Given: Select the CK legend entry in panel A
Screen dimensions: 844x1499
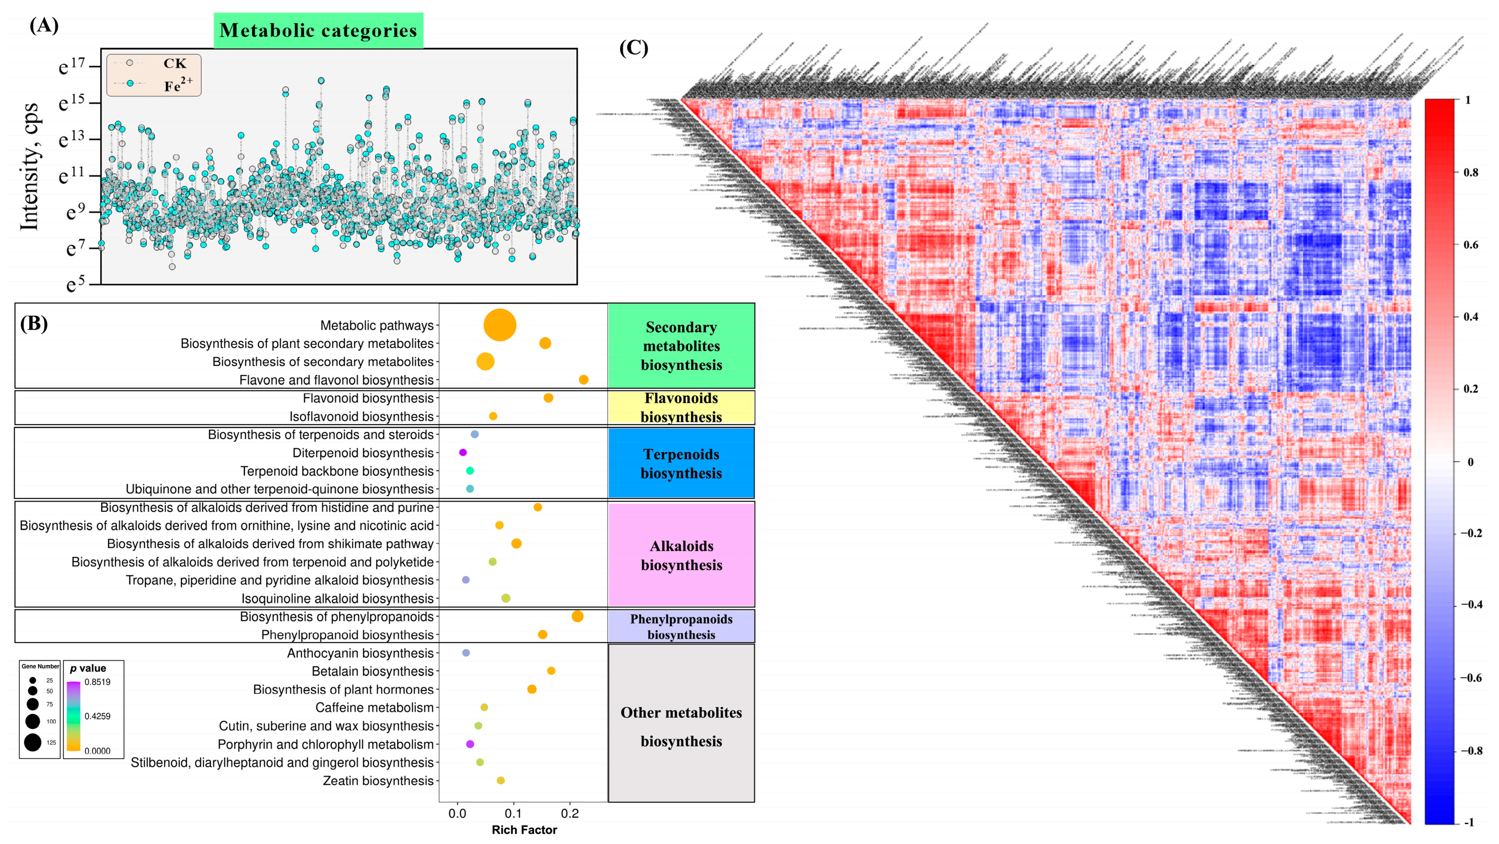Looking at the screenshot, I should click(x=174, y=63).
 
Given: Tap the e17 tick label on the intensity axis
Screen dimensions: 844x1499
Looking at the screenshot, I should click(x=72, y=66).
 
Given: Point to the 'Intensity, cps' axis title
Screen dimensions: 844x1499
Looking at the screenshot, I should click(x=29, y=167).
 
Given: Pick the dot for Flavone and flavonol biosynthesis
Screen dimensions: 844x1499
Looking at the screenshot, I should click(x=583, y=380).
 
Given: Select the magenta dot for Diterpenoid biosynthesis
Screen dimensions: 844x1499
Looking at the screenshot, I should click(x=463, y=453).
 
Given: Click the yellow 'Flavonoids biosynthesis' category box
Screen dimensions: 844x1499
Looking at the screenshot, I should click(x=681, y=407).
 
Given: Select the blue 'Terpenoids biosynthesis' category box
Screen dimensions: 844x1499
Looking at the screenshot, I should click(x=681, y=463).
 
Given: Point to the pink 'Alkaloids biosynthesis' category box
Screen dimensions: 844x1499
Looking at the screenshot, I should click(x=681, y=555).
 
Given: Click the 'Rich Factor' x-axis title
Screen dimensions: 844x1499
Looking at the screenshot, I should click(x=524, y=830).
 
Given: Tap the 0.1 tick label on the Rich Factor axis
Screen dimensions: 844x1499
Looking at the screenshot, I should click(x=513, y=814).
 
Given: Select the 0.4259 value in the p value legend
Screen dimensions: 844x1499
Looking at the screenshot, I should click(x=97, y=716).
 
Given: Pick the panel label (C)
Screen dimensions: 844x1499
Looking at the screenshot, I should click(x=633, y=48).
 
